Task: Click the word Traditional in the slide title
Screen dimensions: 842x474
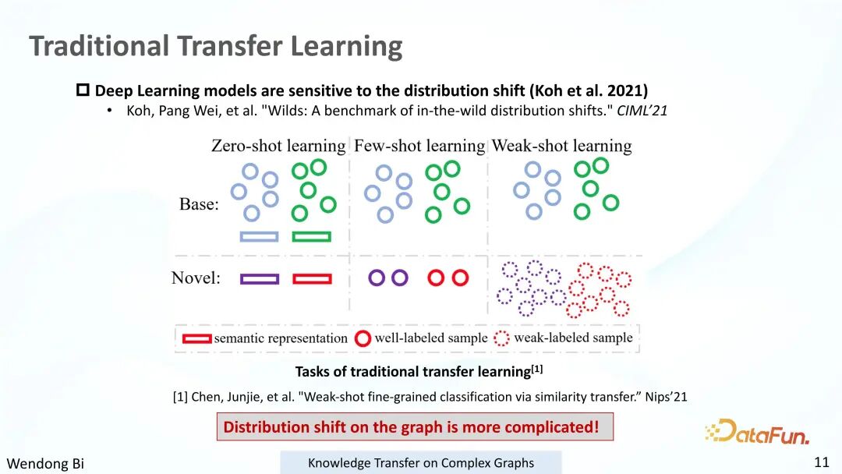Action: coord(99,46)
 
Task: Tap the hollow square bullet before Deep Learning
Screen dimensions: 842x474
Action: coord(83,90)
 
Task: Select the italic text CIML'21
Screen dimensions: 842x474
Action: coord(642,111)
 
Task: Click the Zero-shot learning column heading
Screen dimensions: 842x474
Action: coord(278,146)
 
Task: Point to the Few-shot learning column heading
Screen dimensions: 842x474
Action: coord(419,146)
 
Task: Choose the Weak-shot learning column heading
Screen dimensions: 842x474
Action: coord(561,146)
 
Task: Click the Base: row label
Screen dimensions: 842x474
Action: coord(199,204)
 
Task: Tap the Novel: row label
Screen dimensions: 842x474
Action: coord(196,278)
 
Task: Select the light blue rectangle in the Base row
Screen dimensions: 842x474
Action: coord(260,237)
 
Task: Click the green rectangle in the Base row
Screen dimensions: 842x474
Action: coord(311,237)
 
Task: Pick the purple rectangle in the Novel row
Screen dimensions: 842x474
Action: coord(260,279)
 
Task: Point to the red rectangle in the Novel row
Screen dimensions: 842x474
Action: coord(312,279)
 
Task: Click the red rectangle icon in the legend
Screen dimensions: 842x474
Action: coord(196,338)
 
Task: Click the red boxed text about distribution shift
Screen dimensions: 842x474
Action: coord(415,426)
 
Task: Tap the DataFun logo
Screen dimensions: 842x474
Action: coord(757,432)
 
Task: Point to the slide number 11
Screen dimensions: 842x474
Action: coord(822,462)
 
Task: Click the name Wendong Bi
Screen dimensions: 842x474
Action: coord(45,463)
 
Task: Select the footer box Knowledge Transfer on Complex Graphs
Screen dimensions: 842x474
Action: coord(421,463)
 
